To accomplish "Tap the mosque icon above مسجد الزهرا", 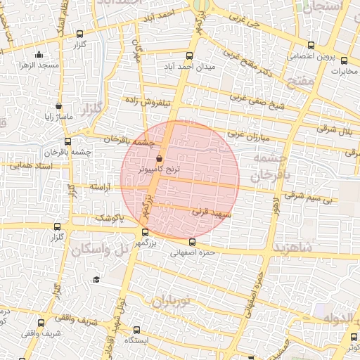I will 38,55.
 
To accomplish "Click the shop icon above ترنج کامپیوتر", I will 159,159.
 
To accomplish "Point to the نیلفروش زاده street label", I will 149,101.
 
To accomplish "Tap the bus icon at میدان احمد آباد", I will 188,56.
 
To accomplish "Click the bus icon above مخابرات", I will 344,60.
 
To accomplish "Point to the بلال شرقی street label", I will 337,129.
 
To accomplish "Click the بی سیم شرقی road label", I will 308,199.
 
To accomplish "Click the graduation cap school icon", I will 96,280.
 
